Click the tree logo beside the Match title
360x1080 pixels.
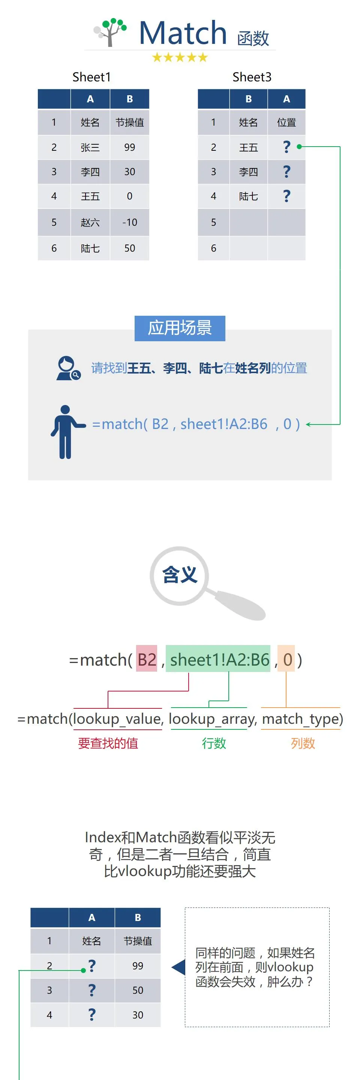pyautogui.click(x=110, y=32)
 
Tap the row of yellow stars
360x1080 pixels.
pyautogui.click(x=180, y=57)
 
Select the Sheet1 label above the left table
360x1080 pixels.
pyautogui.click(x=91, y=77)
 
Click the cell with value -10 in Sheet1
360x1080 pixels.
pyautogui.click(x=129, y=222)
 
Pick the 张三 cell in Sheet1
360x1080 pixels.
pyautogui.click(x=90, y=147)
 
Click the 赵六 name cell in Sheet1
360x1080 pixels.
pyautogui.click(x=90, y=222)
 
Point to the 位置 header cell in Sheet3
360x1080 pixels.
pyautogui.click(x=286, y=122)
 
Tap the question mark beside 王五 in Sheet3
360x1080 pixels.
pyautogui.click(x=286, y=147)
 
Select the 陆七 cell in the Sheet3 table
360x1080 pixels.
pyautogui.click(x=248, y=196)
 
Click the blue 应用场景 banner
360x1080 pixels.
pyautogui.click(x=180, y=328)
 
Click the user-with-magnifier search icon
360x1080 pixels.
pyautogui.click(x=68, y=368)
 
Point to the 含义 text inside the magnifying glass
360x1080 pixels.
pyautogui.click(x=180, y=574)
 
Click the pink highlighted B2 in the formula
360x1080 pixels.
pyautogui.click(x=147, y=660)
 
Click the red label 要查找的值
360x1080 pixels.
pyautogui.click(x=108, y=743)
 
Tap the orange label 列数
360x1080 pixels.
pyautogui.click(x=303, y=743)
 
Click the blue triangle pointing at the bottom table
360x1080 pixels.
pyautogui.click(x=178, y=967)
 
